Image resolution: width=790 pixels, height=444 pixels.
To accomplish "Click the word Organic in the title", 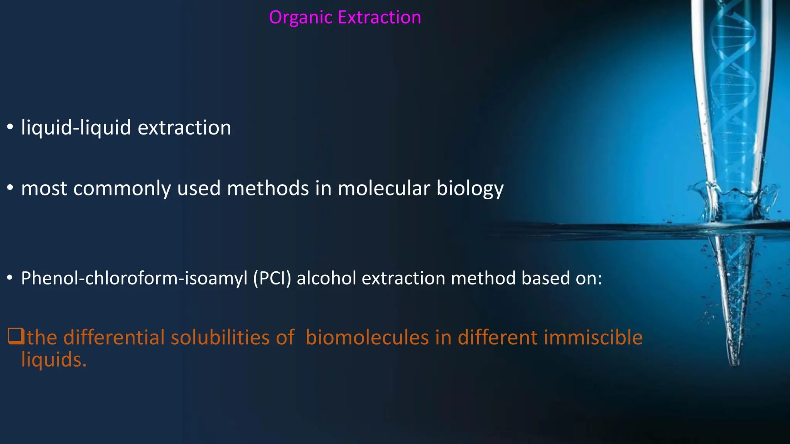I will point(300,18).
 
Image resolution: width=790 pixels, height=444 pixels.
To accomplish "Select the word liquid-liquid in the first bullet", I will point(76,128).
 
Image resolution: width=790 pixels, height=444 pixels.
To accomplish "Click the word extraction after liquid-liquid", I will point(184,128).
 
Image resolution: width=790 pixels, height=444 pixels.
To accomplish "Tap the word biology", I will point(470,189).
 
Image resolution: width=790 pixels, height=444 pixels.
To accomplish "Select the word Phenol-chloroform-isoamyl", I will point(134,278).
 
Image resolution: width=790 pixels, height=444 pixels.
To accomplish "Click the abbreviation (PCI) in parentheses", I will point(272,278).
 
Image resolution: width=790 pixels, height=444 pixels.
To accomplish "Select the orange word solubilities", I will point(220,337).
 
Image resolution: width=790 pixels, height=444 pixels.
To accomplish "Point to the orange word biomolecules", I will point(367,337).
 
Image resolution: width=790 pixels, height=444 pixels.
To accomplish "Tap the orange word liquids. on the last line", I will point(54,360).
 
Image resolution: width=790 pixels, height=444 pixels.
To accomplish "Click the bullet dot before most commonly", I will point(10,188).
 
